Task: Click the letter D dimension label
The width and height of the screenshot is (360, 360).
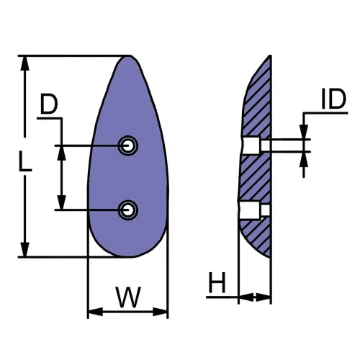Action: (49, 105)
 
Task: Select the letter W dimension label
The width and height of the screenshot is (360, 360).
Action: (127, 297)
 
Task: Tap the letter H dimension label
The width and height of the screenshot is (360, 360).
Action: (216, 283)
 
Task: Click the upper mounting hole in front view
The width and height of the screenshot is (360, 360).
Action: (128, 146)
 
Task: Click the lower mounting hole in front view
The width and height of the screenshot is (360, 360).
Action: (128, 210)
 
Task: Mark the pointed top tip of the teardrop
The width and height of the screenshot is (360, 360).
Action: (130, 57)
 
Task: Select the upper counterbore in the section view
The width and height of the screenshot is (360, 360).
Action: (251, 146)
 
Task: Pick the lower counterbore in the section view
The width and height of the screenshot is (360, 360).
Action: (251, 210)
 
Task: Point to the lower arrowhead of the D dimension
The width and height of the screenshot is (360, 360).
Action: (61, 203)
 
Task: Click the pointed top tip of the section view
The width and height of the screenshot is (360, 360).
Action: (271, 56)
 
